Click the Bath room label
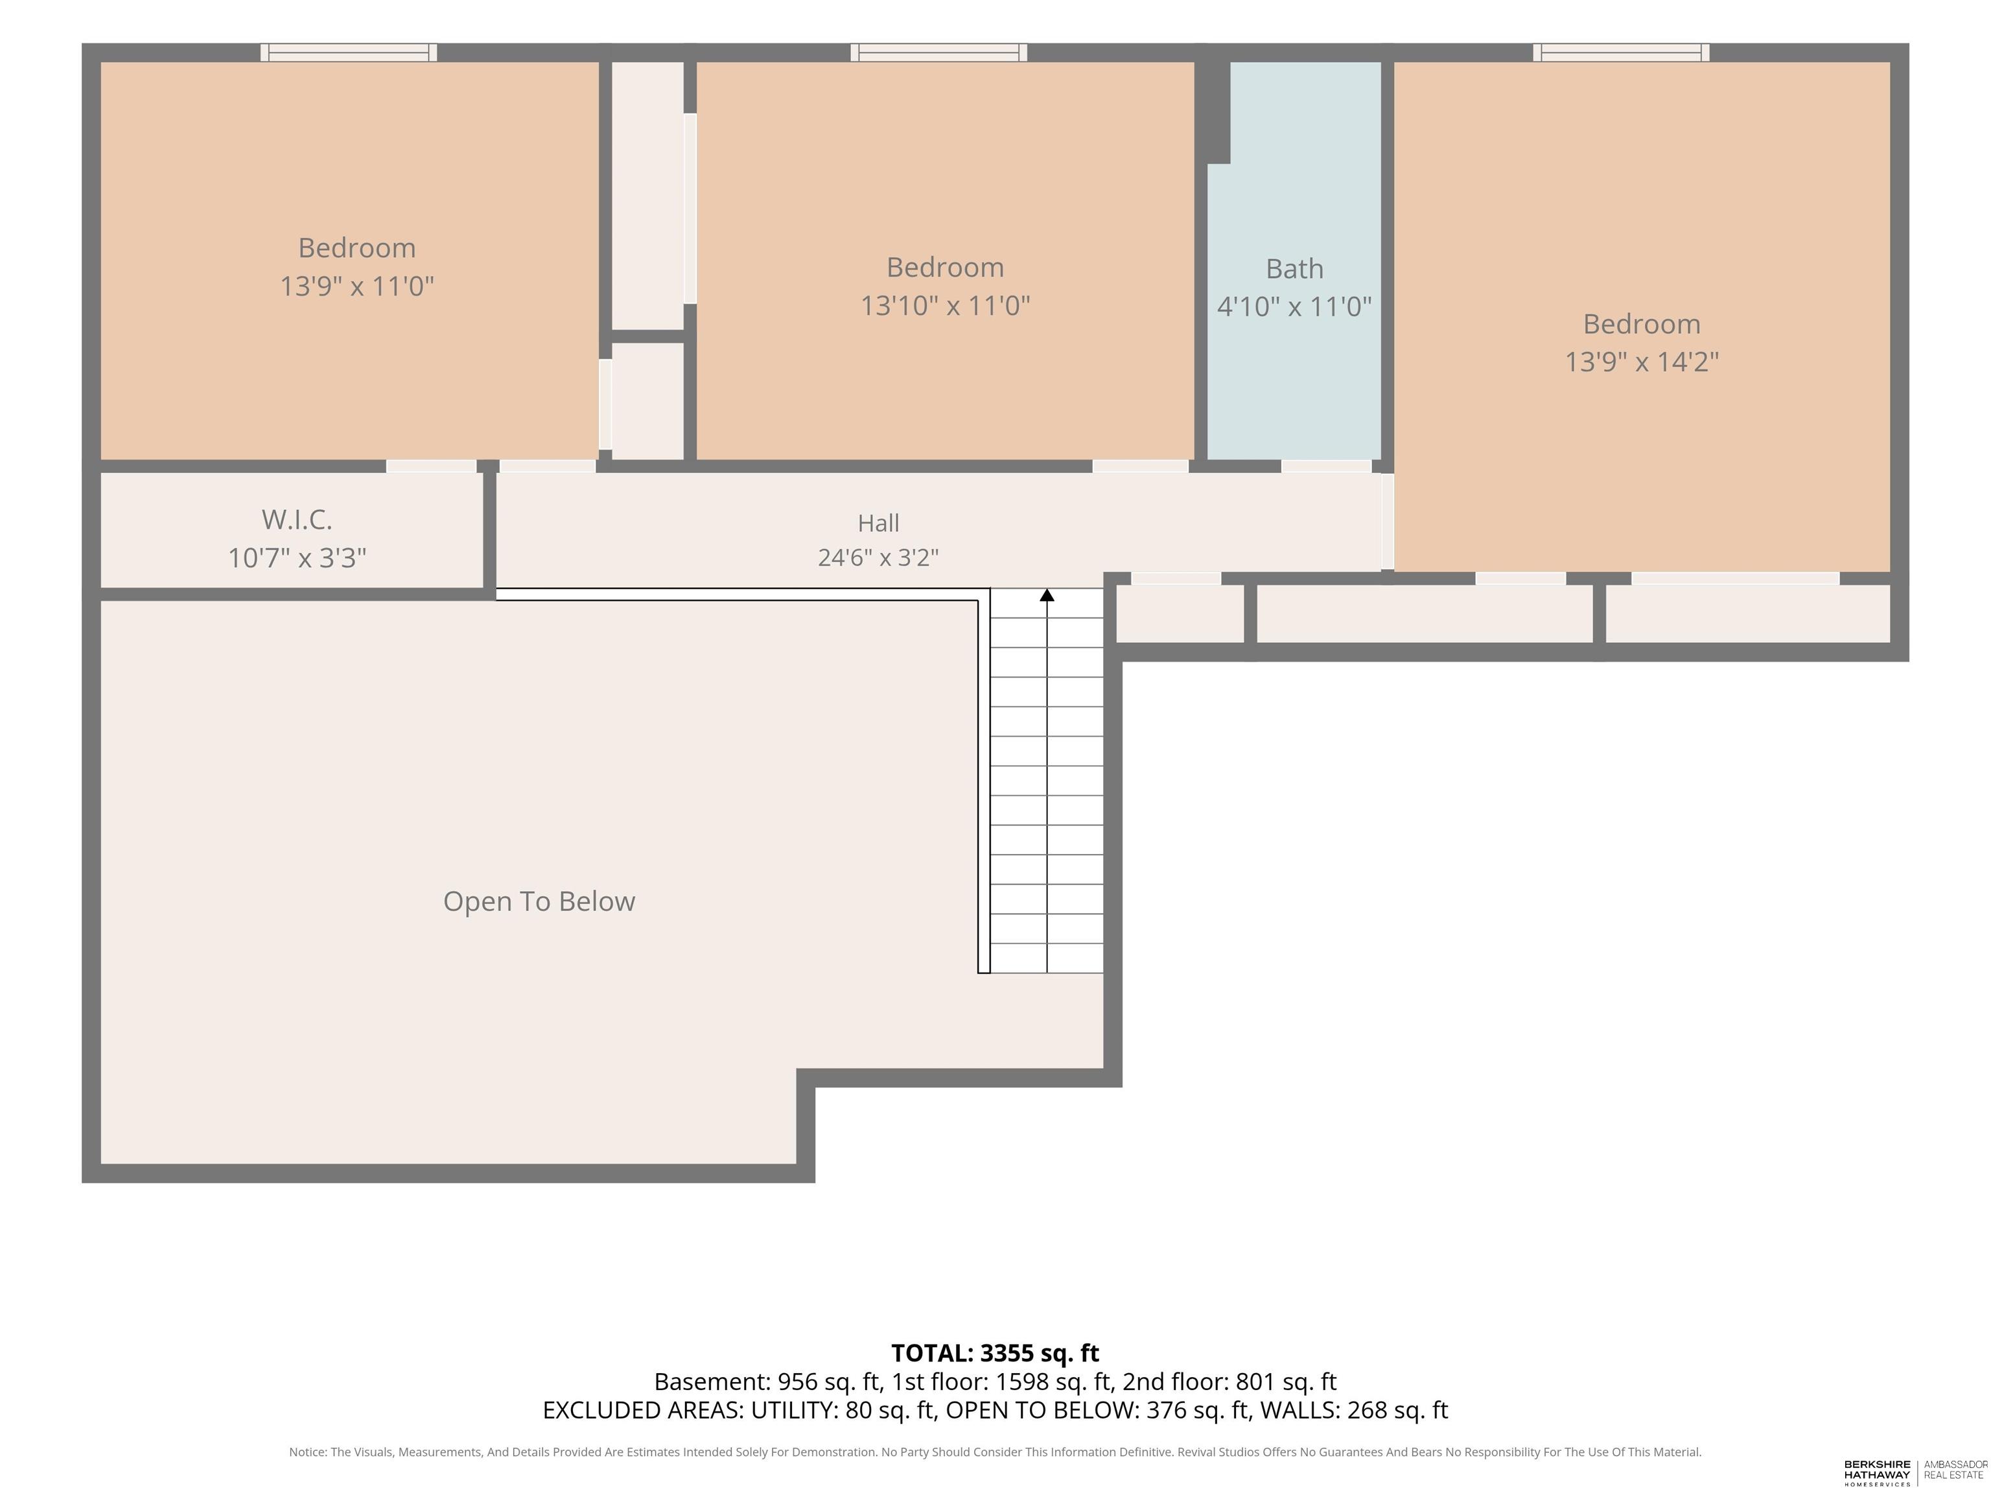1294,268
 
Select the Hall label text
878,523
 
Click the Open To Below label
539,901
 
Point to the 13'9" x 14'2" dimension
1642,362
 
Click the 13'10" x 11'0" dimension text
945,306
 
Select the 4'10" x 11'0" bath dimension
1294,307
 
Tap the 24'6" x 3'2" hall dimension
878,558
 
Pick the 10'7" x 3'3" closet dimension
297,558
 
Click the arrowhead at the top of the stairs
1047,595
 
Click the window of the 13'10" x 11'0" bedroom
939,52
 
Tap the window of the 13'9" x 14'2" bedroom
1621,52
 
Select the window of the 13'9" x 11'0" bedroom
349,52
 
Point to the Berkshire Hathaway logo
1877,1473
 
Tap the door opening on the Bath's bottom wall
1326,466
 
